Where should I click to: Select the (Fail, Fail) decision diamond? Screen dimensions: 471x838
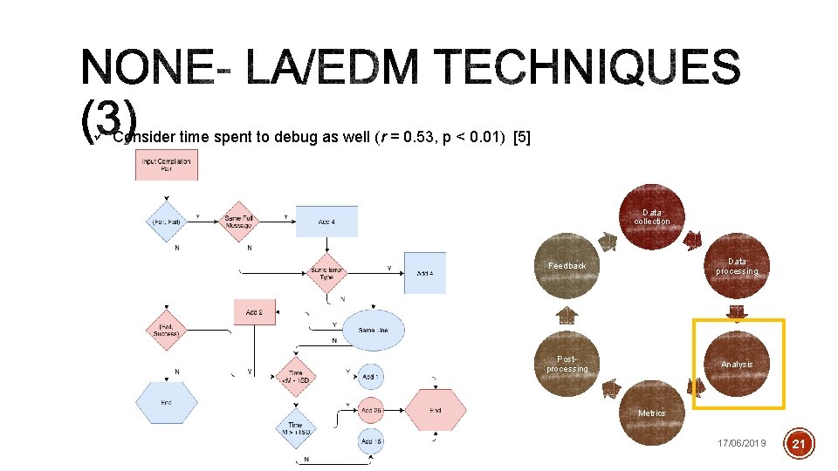165,221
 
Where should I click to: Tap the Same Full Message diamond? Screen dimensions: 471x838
238,222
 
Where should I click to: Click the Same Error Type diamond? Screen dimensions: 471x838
327,273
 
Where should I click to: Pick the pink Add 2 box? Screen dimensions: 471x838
255,312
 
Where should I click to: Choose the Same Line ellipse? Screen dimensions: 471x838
373,330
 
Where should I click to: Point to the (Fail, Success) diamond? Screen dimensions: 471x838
166,330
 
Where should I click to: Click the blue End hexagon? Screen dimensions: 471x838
166,402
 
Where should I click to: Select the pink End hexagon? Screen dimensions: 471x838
436,410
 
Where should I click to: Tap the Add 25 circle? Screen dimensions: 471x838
371,410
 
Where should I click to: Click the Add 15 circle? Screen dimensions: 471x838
371,442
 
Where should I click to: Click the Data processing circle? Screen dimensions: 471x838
738,265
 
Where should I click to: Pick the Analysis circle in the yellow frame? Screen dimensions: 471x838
737,364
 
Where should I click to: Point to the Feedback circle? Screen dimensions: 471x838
567,265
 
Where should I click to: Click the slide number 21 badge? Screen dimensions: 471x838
800,444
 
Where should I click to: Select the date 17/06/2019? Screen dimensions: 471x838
741,444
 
